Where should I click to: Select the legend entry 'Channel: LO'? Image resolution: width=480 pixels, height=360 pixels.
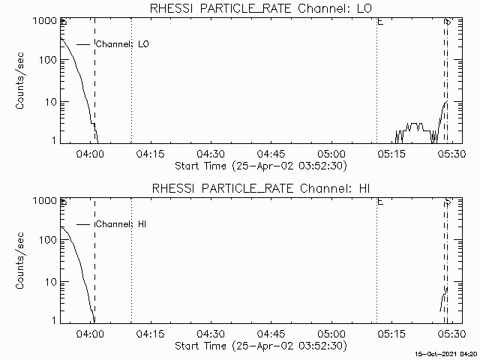coord(122,44)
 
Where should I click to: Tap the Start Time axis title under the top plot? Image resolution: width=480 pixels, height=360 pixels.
coord(259,165)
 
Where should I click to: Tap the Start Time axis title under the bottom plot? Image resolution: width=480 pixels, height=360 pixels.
coord(259,345)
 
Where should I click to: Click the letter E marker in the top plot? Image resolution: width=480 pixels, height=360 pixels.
coord(380,23)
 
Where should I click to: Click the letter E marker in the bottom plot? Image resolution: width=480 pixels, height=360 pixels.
coord(380,202)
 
